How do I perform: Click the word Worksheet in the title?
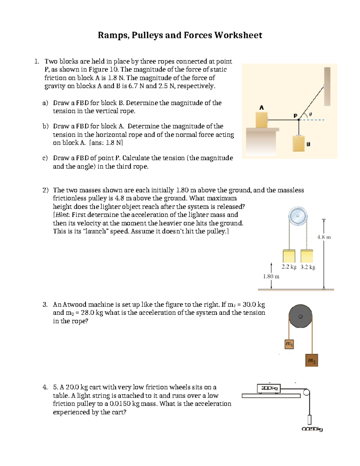click(x=238, y=35)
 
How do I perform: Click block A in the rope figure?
click(x=262, y=119)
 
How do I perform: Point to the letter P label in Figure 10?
click(x=295, y=116)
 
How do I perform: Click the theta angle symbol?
click(x=310, y=114)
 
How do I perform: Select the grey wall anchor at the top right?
click(x=327, y=86)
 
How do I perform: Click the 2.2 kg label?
click(x=289, y=267)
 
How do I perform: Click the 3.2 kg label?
click(x=308, y=267)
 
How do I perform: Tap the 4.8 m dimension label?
click(x=324, y=237)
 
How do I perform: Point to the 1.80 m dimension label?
click(x=271, y=276)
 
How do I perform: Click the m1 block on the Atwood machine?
click(x=289, y=344)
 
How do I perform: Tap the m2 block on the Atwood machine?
click(x=312, y=360)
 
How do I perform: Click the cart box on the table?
click(x=269, y=388)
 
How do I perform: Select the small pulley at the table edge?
click(x=306, y=392)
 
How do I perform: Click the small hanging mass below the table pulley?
click(x=309, y=419)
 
